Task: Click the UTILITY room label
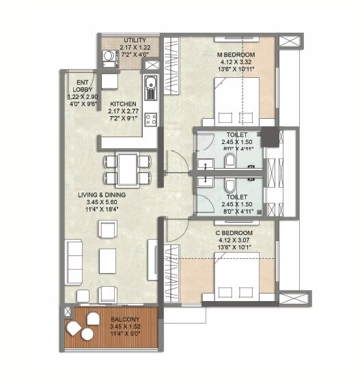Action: point(135,40)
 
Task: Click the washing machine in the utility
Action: point(108,57)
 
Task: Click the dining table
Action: point(127,169)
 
